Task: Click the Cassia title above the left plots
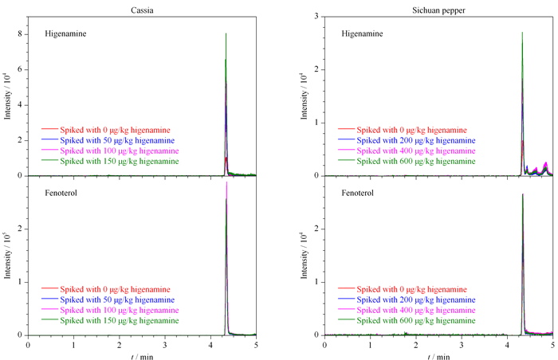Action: [x=142, y=10]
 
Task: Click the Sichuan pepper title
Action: [x=438, y=10]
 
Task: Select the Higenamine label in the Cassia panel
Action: [x=65, y=33]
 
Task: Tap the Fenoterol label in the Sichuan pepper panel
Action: [x=357, y=193]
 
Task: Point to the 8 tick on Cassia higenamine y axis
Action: [x=20, y=34]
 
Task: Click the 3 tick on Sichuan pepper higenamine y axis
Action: [x=316, y=17]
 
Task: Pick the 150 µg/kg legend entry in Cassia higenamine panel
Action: [x=110, y=161]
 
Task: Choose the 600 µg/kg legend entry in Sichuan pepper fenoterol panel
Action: [x=407, y=320]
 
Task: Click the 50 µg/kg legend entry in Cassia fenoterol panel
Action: [x=108, y=299]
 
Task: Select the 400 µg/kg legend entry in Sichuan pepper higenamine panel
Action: [x=407, y=151]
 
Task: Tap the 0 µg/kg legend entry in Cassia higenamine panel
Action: [x=106, y=130]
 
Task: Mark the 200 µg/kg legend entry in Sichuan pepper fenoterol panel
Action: [x=407, y=299]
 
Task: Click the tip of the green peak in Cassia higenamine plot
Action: [x=226, y=33]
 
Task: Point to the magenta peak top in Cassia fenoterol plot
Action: [x=226, y=182]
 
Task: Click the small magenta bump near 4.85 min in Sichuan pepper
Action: [x=546, y=162]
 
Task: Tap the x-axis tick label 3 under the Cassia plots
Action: [x=165, y=345]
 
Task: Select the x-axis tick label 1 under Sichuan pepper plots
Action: [x=370, y=345]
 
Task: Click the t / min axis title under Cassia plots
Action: [x=142, y=356]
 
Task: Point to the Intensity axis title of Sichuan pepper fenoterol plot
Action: [x=304, y=256]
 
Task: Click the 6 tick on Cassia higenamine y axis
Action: [x=20, y=69]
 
